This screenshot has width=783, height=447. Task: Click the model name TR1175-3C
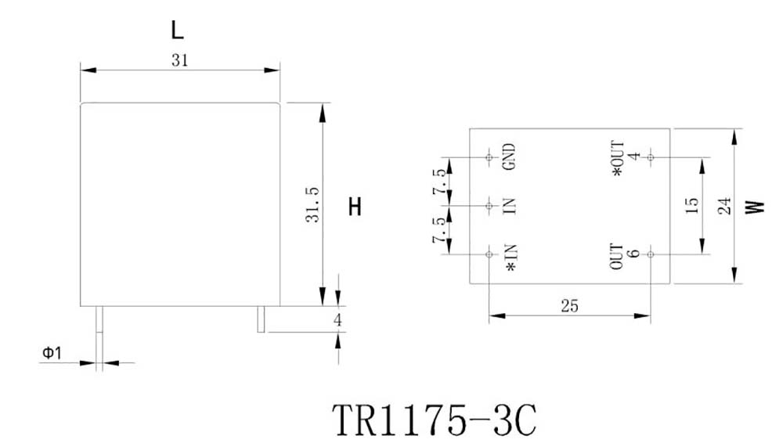tap(435, 420)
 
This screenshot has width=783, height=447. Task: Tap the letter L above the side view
tap(178, 31)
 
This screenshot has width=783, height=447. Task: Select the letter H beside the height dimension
tap(355, 207)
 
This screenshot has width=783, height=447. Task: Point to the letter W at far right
tap(754, 207)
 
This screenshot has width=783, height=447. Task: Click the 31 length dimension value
tap(179, 60)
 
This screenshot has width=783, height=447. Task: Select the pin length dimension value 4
tap(337, 320)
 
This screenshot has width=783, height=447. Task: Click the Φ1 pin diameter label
tap(52, 354)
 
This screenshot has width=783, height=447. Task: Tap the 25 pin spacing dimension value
tap(569, 306)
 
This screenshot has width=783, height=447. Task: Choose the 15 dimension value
tap(691, 206)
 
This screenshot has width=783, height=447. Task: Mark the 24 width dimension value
tap(724, 206)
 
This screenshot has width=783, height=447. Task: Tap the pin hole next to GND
tap(489, 157)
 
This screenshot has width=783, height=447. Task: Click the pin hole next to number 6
tap(650, 254)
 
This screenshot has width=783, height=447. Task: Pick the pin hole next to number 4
tap(650, 157)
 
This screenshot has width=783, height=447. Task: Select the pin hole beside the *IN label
tap(489, 254)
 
